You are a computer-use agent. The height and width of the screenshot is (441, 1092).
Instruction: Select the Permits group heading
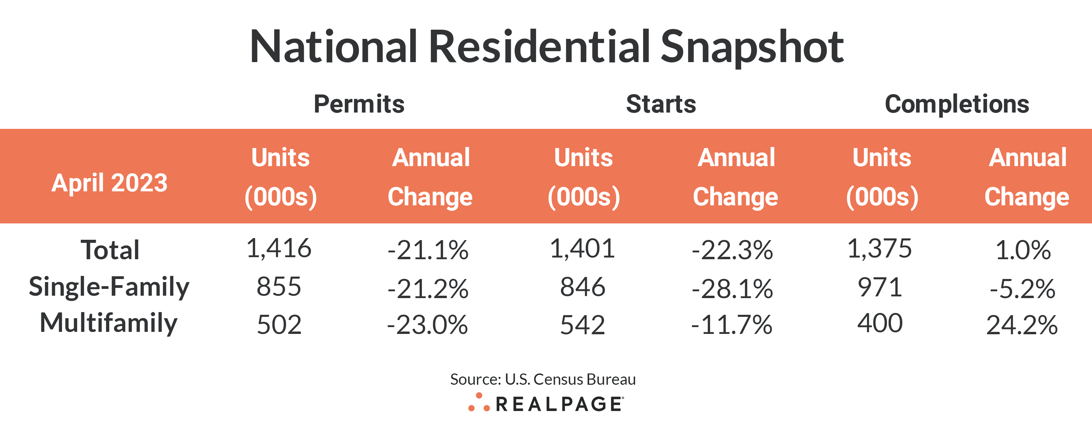[359, 104]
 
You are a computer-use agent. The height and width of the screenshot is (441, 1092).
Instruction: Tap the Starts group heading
[661, 104]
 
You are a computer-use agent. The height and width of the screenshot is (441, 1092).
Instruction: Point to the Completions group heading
[957, 104]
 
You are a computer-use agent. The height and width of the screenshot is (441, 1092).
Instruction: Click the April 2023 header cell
[109, 183]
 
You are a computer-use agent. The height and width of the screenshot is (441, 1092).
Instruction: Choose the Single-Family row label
[109, 287]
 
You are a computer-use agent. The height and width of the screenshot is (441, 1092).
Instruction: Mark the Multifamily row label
[108, 323]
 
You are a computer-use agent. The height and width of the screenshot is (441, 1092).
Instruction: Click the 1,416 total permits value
[279, 249]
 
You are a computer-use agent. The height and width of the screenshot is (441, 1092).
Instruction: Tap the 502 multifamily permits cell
[279, 325]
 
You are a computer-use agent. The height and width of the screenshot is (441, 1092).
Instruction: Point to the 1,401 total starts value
[582, 249]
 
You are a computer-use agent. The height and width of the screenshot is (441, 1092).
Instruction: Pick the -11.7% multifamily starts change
[732, 325]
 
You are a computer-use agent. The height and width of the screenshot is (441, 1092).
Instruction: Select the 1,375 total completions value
[879, 249]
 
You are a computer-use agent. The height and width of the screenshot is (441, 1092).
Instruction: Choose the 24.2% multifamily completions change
[1022, 325]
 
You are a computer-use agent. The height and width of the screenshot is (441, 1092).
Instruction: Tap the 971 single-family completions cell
[880, 287]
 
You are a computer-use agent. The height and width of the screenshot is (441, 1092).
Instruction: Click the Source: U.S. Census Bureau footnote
[543, 379]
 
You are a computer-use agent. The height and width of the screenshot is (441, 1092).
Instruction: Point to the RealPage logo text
[559, 404]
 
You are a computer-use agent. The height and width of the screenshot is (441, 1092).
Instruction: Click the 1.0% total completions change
[1022, 250]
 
